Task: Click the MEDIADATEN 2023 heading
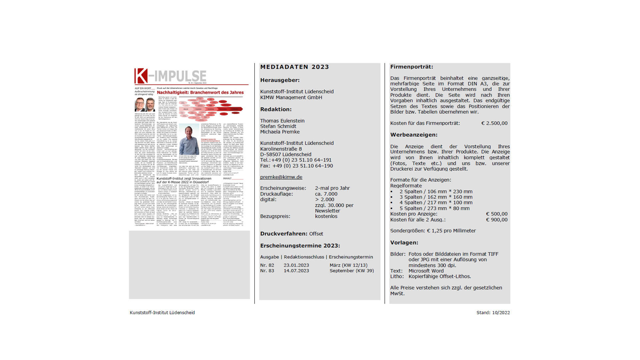point(294,67)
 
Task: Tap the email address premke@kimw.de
point(281,177)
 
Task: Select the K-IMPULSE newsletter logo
point(170,76)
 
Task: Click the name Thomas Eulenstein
point(282,121)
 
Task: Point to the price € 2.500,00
point(494,123)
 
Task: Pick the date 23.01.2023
point(296,265)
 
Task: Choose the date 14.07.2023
point(296,271)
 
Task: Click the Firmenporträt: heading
point(411,67)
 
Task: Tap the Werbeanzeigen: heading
point(414,135)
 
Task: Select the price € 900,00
point(497,220)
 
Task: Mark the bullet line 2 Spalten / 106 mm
point(436,192)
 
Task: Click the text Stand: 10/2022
point(493,313)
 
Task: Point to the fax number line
point(296,166)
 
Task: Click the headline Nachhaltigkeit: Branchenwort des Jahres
point(200,93)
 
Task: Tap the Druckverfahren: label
point(284,234)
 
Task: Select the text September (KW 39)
point(352,271)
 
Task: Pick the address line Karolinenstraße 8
point(281,149)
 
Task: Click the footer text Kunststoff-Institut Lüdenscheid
point(162,313)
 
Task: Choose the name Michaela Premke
point(280,132)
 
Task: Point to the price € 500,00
point(497,214)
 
